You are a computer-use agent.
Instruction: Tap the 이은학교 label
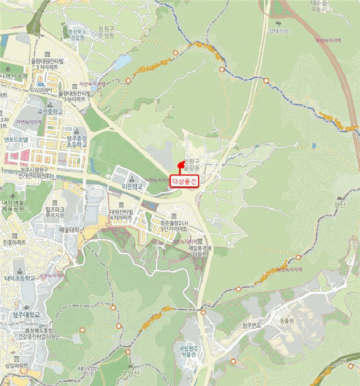pyautogui.click(x=132, y=187)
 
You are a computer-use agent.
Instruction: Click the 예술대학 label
pyautogui.click(x=69, y=229)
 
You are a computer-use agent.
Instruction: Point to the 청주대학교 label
pyautogui.click(x=26, y=314)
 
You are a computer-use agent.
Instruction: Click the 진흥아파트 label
pyautogui.click(x=14, y=242)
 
